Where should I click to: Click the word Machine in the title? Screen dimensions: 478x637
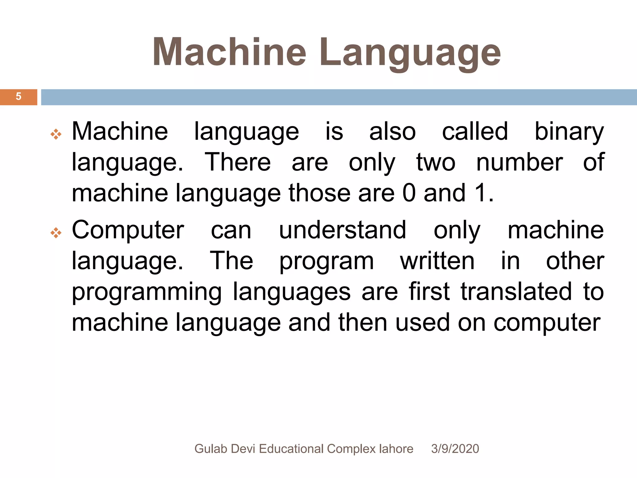pos(229,52)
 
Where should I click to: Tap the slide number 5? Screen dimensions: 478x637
pos(19,96)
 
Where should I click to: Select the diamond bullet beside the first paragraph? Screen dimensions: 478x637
pos(56,134)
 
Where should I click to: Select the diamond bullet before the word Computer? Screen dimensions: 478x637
pos(56,233)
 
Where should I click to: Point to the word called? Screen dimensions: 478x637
pos(475,131)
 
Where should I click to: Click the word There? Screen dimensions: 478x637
pos(238,162)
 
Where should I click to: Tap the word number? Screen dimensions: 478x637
pos(519,162)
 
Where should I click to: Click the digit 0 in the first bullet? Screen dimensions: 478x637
pos(409,193)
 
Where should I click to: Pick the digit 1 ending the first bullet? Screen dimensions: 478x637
pos(480,193)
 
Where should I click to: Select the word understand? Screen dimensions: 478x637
pos(342,230)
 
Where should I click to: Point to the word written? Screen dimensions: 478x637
pos(437,261)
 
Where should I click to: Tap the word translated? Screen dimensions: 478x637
pos(516,292)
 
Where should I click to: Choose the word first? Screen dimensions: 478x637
pos(429,292)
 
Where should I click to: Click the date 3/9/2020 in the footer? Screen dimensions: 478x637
pos(455,449)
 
